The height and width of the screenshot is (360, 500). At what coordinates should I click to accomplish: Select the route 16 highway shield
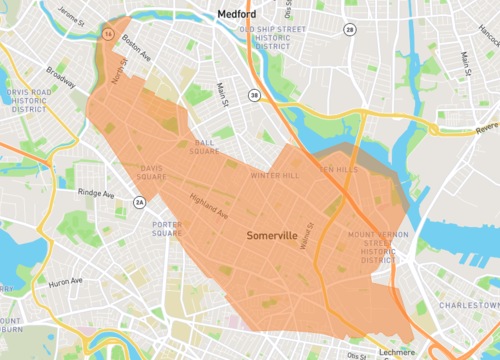click(x=106, y=32)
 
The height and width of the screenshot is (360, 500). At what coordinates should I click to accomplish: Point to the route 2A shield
click(x=139, y=201)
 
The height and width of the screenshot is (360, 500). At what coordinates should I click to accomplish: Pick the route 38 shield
click(x=255, y=95)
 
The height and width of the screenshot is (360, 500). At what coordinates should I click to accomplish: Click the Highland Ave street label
click(x=210, y=208)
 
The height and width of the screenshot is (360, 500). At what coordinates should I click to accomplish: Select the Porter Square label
click(x=165, y=229)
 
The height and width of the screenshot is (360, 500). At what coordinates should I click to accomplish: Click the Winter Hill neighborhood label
click(x=275, y=175)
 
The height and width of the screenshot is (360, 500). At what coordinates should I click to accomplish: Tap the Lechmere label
click(x=398, y=352)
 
